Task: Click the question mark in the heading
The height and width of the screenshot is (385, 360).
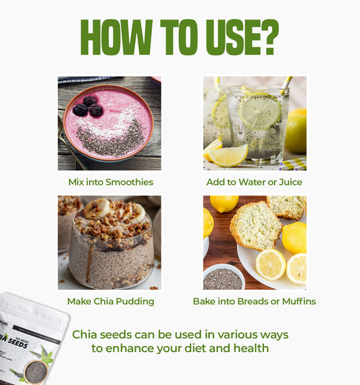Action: tap(269, 38)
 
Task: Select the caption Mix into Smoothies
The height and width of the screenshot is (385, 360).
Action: tap(111, 182)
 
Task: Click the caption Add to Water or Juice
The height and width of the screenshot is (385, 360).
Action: tap(254, 182)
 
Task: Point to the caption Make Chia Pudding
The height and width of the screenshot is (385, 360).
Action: tap(111, 301)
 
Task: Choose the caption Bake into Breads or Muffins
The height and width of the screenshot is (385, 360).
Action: tap(254, 301)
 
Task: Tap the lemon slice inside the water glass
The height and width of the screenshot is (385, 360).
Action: tap(259, 112)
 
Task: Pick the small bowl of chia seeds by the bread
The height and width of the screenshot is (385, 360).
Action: tap(223, 278)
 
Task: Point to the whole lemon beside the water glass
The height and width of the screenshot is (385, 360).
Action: tap(296, 131)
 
